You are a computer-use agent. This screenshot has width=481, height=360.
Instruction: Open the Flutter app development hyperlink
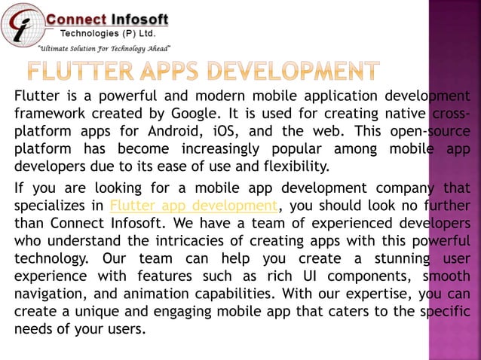point(193,205)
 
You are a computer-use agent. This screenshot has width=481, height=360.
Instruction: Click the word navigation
point(50,293)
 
